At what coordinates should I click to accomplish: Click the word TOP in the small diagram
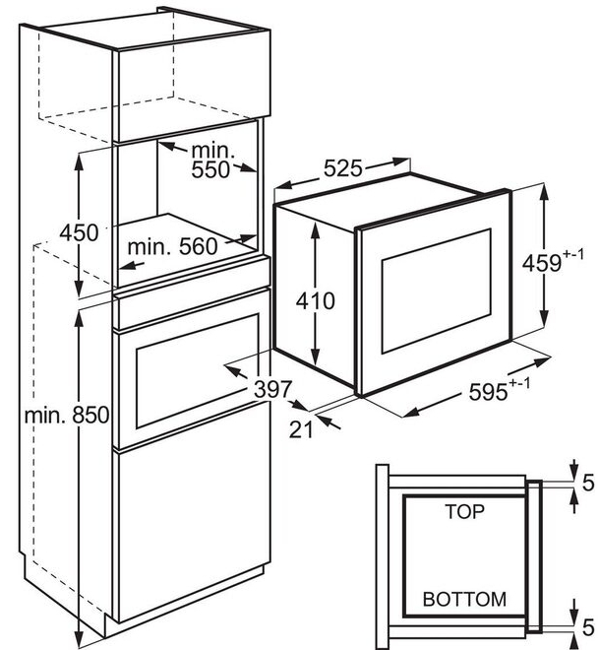pyautogui.click(x=465, y=512)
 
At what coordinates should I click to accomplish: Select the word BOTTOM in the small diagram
pyautogui.click(x=464, y=598)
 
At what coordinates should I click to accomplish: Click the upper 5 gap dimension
pyautogui.click(x=587, y=484)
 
